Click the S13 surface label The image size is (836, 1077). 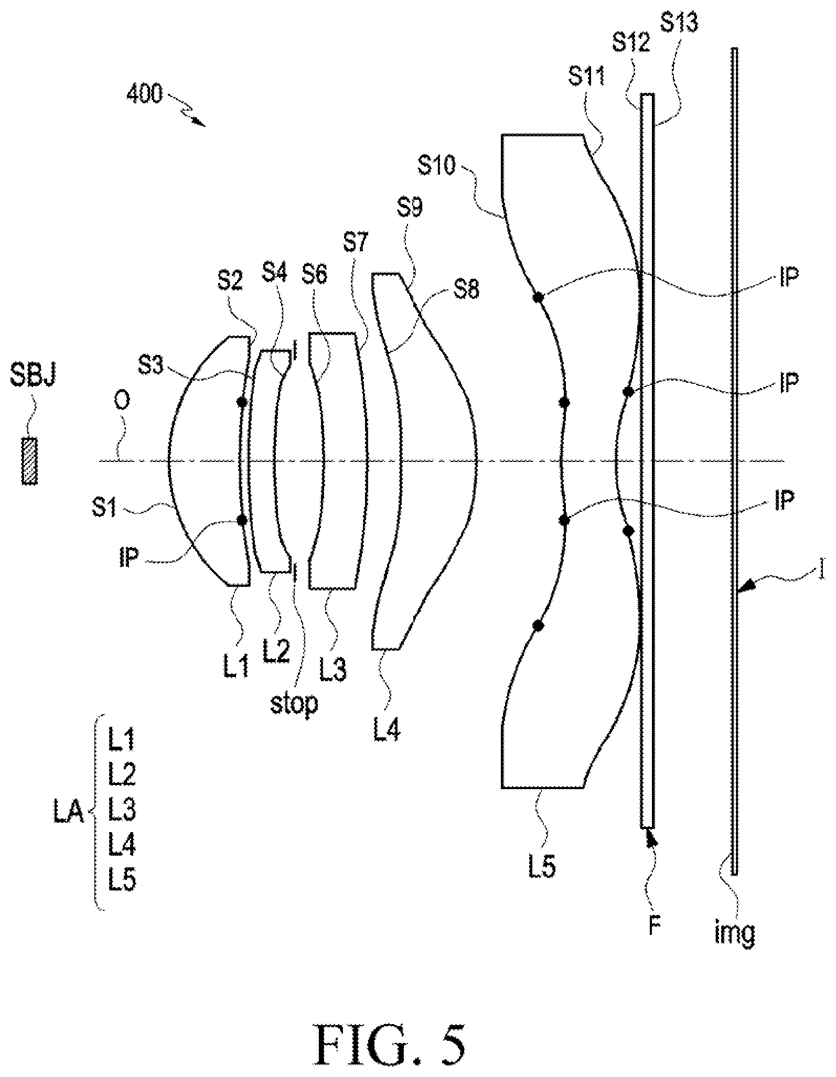pyautogui.click(x=680, y=23)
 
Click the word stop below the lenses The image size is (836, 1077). pyautogui.click(x=294, y=704)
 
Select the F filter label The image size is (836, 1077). pyautogui.click(x=653, y=925)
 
